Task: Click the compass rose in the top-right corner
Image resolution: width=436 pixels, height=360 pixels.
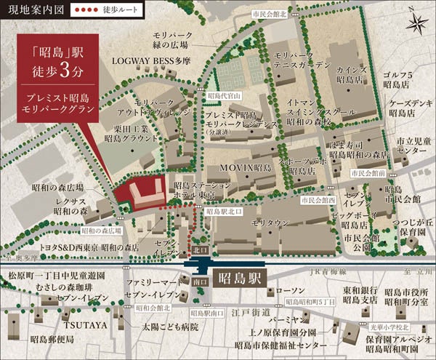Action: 416,23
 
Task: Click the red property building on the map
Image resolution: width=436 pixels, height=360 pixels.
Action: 142,193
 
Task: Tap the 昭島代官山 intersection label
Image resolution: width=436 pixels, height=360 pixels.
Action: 223,95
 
